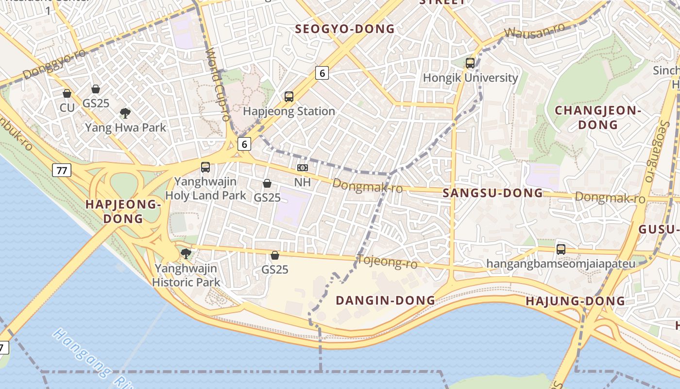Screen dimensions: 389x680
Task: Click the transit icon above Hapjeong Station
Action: coord(289,97)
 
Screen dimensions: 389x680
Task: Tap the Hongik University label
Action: coord(470,78)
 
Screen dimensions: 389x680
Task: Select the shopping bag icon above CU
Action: coord(67,93)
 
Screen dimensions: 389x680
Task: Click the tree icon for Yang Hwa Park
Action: coord(125,113)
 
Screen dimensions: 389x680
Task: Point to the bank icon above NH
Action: coord(303,168)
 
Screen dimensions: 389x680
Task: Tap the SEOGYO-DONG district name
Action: coord(345,29)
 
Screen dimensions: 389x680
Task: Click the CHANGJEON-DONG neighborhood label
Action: coord(598,118)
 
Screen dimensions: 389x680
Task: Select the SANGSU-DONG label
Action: coord(493,193)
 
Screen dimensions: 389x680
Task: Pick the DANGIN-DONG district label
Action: coord(385,301)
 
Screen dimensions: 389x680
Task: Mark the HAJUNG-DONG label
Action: coord(575,301)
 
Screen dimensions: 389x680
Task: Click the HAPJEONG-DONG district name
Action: coord(123,212)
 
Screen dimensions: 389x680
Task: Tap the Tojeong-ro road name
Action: coord(387,262)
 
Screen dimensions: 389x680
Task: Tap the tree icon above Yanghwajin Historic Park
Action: coord(186,253)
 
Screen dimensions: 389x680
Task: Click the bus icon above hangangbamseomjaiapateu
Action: coord(561,249)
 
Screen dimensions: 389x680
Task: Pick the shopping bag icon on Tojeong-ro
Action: coord(275,255)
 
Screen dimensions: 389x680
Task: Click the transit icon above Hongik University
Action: coord(470,63)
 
